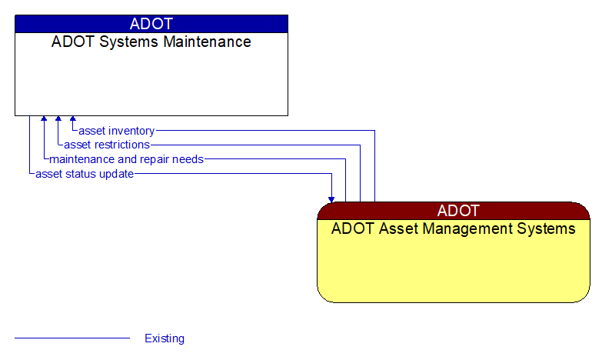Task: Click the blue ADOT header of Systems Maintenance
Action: tap(151, 24)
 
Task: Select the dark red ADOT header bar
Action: tap(453, 211)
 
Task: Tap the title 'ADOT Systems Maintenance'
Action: tap(151, 42)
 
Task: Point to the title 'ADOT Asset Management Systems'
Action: tap(453, 229)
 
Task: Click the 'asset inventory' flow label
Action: tap(116, 131)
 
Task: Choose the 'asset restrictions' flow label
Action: tap(107, 145)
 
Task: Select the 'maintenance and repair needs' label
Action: tap(126, 159)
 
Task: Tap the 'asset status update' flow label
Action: tap(85, 174)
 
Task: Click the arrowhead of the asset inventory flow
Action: tap(73, 119)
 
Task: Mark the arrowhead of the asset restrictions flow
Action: tap(58, 119)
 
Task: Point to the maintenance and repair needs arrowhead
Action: tap(44, 119)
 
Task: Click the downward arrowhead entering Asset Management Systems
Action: tap(331, 198)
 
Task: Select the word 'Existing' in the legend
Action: tap(165, 338)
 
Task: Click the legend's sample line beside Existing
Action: tap(72, 338)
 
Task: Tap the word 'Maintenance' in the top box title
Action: tap(208, 42)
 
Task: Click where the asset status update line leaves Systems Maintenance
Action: tap(29, 117)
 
